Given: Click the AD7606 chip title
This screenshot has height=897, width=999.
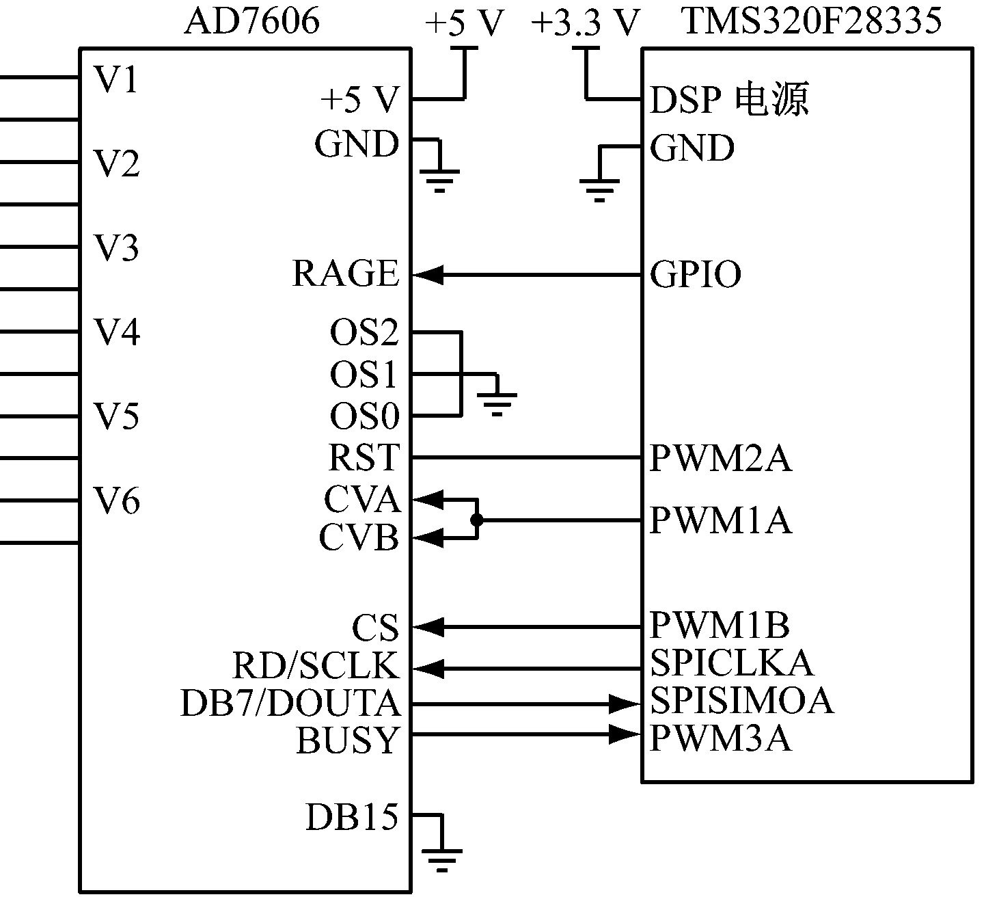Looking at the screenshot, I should pos(251,22).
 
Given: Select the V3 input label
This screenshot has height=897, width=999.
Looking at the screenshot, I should pos(116,247).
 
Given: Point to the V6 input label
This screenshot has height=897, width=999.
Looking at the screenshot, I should pos(116,501).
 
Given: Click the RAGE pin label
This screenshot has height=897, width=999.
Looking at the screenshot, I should pos(345,274).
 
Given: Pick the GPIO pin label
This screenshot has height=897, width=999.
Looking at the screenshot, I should pos(695,275).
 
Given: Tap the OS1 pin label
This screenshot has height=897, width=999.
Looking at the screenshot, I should pos(364,375).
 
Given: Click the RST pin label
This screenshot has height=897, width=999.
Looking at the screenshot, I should pos(364,457).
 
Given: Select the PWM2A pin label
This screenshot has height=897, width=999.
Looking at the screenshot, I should pos(720,458).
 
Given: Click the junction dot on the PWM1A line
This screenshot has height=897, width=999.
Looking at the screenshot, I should pos(477,520).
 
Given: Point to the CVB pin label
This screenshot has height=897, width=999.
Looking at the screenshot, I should pos(359,538).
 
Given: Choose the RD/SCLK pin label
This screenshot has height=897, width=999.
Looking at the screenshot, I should pos(315,665).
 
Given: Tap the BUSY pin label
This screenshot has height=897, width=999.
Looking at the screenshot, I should pos(347,740).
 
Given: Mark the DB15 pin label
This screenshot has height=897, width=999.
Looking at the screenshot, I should pos(351,817).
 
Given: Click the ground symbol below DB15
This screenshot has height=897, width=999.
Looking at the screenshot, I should pos(442,858).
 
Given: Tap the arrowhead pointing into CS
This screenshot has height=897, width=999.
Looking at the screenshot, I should pos(429,626).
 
